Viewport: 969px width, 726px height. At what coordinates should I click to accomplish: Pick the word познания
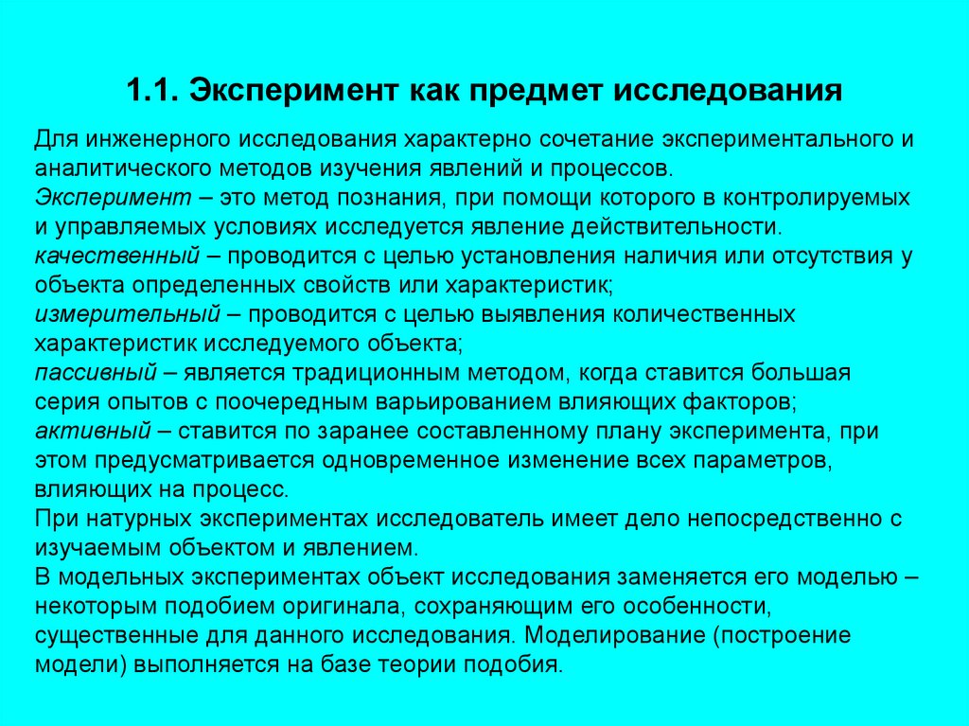coord(370,198)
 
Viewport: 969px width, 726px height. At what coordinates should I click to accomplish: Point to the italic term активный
coord(93,430)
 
